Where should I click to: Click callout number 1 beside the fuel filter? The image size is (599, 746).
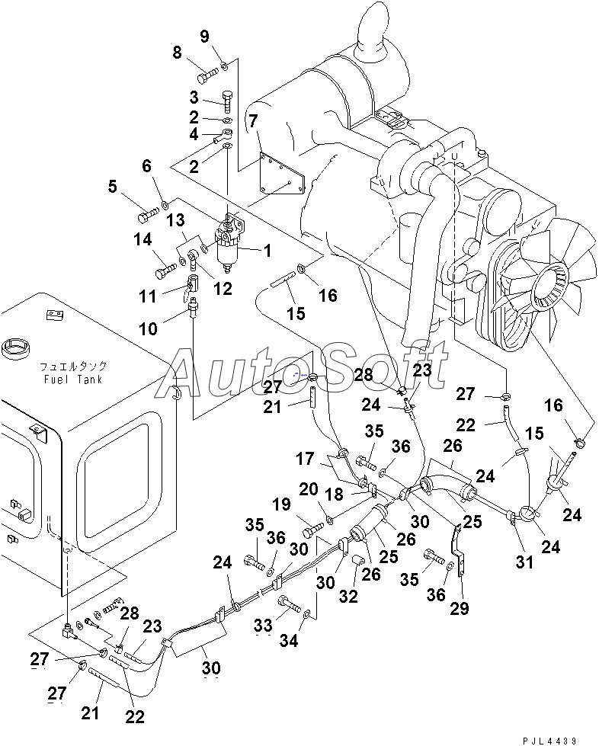click(267, 250)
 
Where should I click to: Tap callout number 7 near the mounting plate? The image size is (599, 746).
click(253, 120)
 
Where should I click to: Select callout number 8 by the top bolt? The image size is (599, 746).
click(177, 53)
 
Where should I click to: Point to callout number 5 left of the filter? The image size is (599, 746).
click(112, 187)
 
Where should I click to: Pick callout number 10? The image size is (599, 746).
click(148, 328)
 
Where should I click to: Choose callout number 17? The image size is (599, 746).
click(305, 459)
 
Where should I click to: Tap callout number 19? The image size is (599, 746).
click(282, 504)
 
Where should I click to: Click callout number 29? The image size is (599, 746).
click(460, 608)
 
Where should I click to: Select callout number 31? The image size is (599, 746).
click(525, 562)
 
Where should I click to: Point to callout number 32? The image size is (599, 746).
click(348, 596)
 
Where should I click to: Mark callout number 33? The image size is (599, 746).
click(263, 626)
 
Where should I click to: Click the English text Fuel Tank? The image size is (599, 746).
click(73, 379)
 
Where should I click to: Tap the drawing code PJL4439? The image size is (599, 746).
click(549, 741)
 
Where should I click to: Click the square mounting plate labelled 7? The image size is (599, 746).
click(282, 174)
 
